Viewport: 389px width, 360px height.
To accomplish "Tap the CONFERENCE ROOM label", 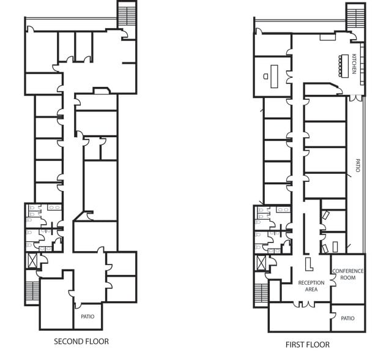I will [x=347, y=274].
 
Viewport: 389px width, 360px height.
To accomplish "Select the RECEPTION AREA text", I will [x=311, y=286].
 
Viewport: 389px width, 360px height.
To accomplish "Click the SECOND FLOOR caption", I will [x=81, y=341].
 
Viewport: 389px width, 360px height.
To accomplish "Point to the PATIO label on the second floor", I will [x=88, y=317].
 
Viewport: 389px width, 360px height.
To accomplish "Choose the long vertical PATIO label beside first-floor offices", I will [x=358, y=165].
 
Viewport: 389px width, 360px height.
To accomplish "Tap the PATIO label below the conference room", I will [x=347, y=318].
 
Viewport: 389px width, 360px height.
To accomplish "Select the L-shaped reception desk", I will [x=309, y=263].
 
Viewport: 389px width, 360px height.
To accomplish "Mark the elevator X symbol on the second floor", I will [x=31, y=260].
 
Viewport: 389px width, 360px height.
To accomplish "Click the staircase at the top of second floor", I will [x=127, y=12].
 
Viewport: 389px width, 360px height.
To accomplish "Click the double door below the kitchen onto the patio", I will [x=355, y=97].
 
